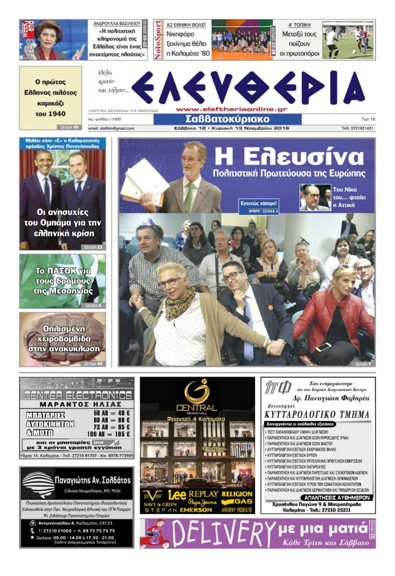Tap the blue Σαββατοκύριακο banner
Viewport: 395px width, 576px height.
tap(227, 119)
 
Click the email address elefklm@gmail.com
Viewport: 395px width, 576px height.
tap(111, 129)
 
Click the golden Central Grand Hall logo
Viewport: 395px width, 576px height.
tap(197, 395)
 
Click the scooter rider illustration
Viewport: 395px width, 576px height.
tap(157, 533)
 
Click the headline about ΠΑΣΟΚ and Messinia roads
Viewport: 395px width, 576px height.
tap(62, 281)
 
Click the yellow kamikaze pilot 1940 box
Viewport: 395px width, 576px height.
tap(50, 98)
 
